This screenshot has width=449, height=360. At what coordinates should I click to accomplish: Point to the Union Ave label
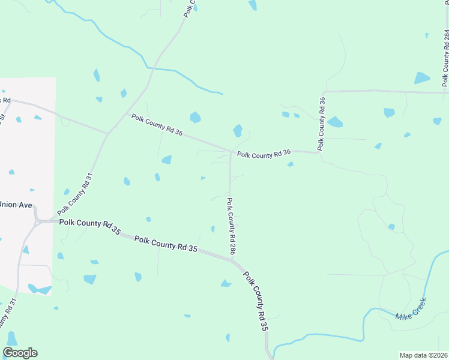tap(16, 205)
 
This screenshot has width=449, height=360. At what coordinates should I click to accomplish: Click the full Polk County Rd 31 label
tap(75, 194)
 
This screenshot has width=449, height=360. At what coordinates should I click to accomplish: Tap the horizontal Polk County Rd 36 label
tap(264, 154)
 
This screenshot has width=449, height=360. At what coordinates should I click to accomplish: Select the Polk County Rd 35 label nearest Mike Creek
tap(255, 301)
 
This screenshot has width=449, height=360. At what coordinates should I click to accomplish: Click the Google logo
tap(20, 353)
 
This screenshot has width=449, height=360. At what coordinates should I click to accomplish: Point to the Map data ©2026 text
tap(423, 355)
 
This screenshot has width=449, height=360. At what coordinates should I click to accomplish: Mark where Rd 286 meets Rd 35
tap(233, 259)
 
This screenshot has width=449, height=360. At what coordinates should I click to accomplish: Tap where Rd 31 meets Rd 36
tap(108, 133)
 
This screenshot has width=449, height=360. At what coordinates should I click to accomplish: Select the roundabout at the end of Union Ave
tap(38, 221)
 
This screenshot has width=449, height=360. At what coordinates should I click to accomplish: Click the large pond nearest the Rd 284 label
tap(422, 78)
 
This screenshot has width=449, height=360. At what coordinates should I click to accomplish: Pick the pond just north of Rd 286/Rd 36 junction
tap(238, 130)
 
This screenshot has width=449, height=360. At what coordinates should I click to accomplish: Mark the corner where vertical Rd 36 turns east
tap(325, 92)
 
